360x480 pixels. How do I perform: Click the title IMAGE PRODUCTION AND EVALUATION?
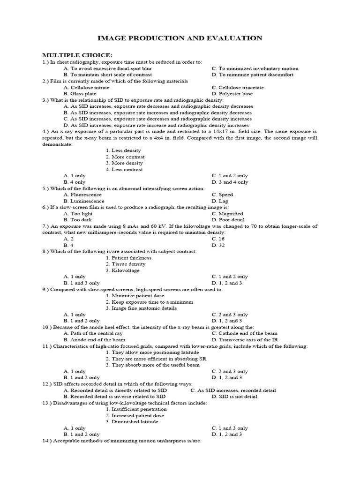click(180, 38)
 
